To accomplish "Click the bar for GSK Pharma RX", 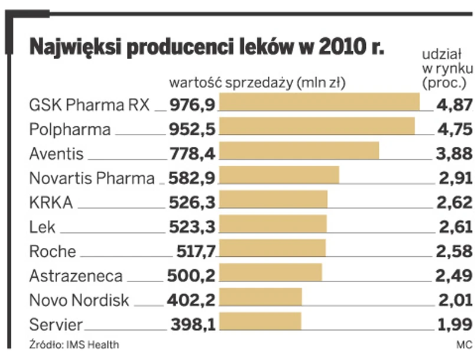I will [319, 102].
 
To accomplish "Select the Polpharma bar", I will [317, 127].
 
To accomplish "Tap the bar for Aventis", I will [299, 152].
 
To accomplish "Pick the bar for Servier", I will [260, 322].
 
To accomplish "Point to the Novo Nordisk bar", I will [261, 298].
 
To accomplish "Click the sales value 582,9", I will [192, 177].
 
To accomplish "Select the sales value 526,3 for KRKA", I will [192, 201].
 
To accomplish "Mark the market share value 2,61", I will [455, 225].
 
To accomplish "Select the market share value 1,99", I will [455, 323].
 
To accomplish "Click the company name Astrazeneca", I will [76, 275].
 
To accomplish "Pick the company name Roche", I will [53, 251].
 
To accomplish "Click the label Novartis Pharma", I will [91, 178].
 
